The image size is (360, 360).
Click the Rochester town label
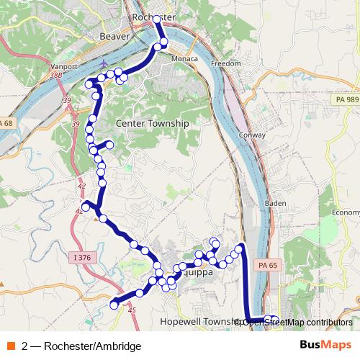point(154,16)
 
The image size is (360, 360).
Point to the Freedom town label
point(225,63)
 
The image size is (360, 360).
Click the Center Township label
point(151,124)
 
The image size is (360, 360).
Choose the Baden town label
point(276,203)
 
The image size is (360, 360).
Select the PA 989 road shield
point(346,99)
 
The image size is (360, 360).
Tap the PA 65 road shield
point(268,266)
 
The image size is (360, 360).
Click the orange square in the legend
point(10,346)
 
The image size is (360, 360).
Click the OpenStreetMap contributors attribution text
point(295,322)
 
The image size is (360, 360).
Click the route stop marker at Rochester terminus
point(156,19)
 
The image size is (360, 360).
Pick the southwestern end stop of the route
point(113,305)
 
